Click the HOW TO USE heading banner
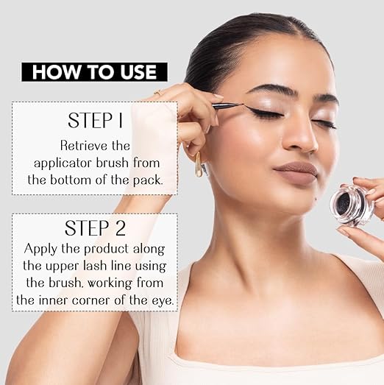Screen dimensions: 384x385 (x=94, y=72)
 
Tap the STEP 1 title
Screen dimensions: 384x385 (x=95, y=120)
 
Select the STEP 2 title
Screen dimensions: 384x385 (x=95, y=228)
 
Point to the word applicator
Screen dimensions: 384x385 (x=63, y=163)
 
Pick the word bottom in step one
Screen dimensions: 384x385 (x=71, y=180)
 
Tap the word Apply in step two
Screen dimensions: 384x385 (x=41, y=250)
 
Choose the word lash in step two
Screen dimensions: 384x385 (x=93, y=266)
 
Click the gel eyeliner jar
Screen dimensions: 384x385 (x=352, y=205)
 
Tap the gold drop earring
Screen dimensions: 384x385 (x=199, y=165)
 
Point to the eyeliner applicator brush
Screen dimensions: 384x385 (x=228, y=105)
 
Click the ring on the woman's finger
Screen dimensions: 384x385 (x=158, y=92)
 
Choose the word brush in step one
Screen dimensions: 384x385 (x=112, y=163)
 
